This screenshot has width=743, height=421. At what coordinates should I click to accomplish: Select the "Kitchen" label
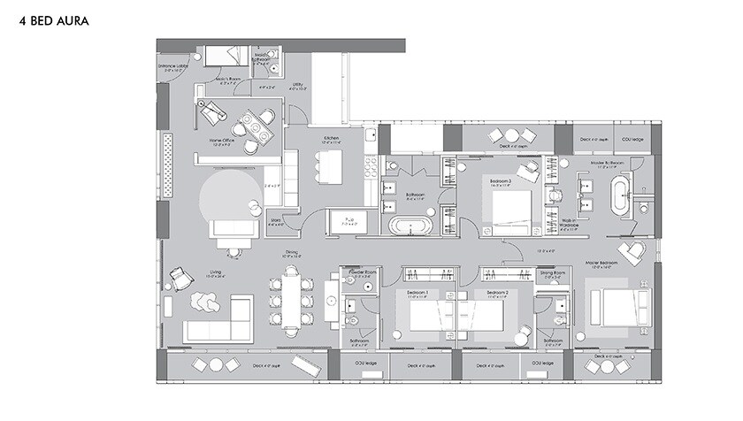pos(332,139)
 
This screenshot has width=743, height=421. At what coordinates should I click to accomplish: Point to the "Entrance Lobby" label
pos(173,65)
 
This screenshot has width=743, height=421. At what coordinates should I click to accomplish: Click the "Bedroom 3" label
pos(501,183)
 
